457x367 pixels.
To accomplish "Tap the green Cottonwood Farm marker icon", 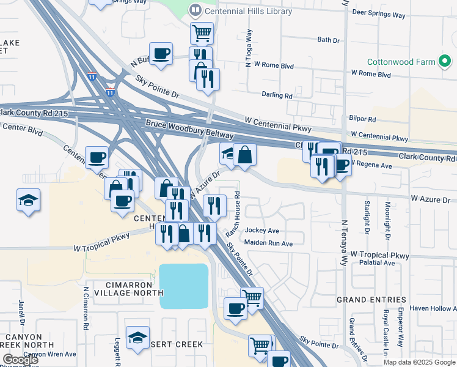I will pyautogui.click(x=445, y=62).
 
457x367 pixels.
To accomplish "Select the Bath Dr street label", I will pyautogui.click(x=328, y=40).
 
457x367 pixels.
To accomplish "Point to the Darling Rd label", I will pyautogui.click(x=277, y=95).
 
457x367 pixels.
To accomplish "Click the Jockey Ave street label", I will pyautogui.click(x=261, y=231).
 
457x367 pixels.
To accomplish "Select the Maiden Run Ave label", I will pyautogui.click(x=269, y=243).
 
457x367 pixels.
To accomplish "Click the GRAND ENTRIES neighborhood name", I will pyautogui.click(x=371, y=300).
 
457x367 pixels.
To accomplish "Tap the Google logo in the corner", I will pyautogui.click(x=20, y=360).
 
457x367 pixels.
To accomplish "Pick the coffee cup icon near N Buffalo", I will pyautogui.click(x=161, y=53).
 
